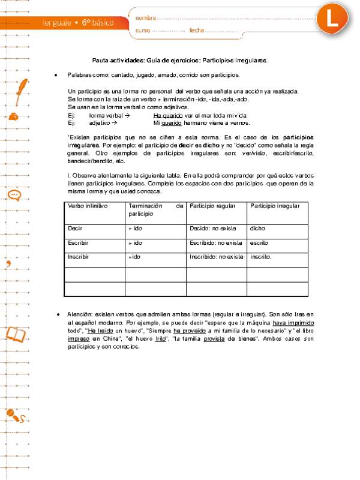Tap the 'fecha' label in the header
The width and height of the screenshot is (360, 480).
click(x=197, y=30)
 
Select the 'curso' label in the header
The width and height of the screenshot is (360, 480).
click(x=143, y=30)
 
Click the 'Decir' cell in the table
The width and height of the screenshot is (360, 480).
click(x=75, y=228)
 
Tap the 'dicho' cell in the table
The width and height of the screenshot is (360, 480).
click(x=257, y=228)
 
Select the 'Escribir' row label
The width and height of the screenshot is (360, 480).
click(x=79, y=242)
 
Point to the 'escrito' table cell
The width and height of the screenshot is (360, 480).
click(x=259, y=242)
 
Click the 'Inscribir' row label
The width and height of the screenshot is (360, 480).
click(x=79, y=256)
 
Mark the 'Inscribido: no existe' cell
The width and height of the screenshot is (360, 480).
click(x=216, y=256)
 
